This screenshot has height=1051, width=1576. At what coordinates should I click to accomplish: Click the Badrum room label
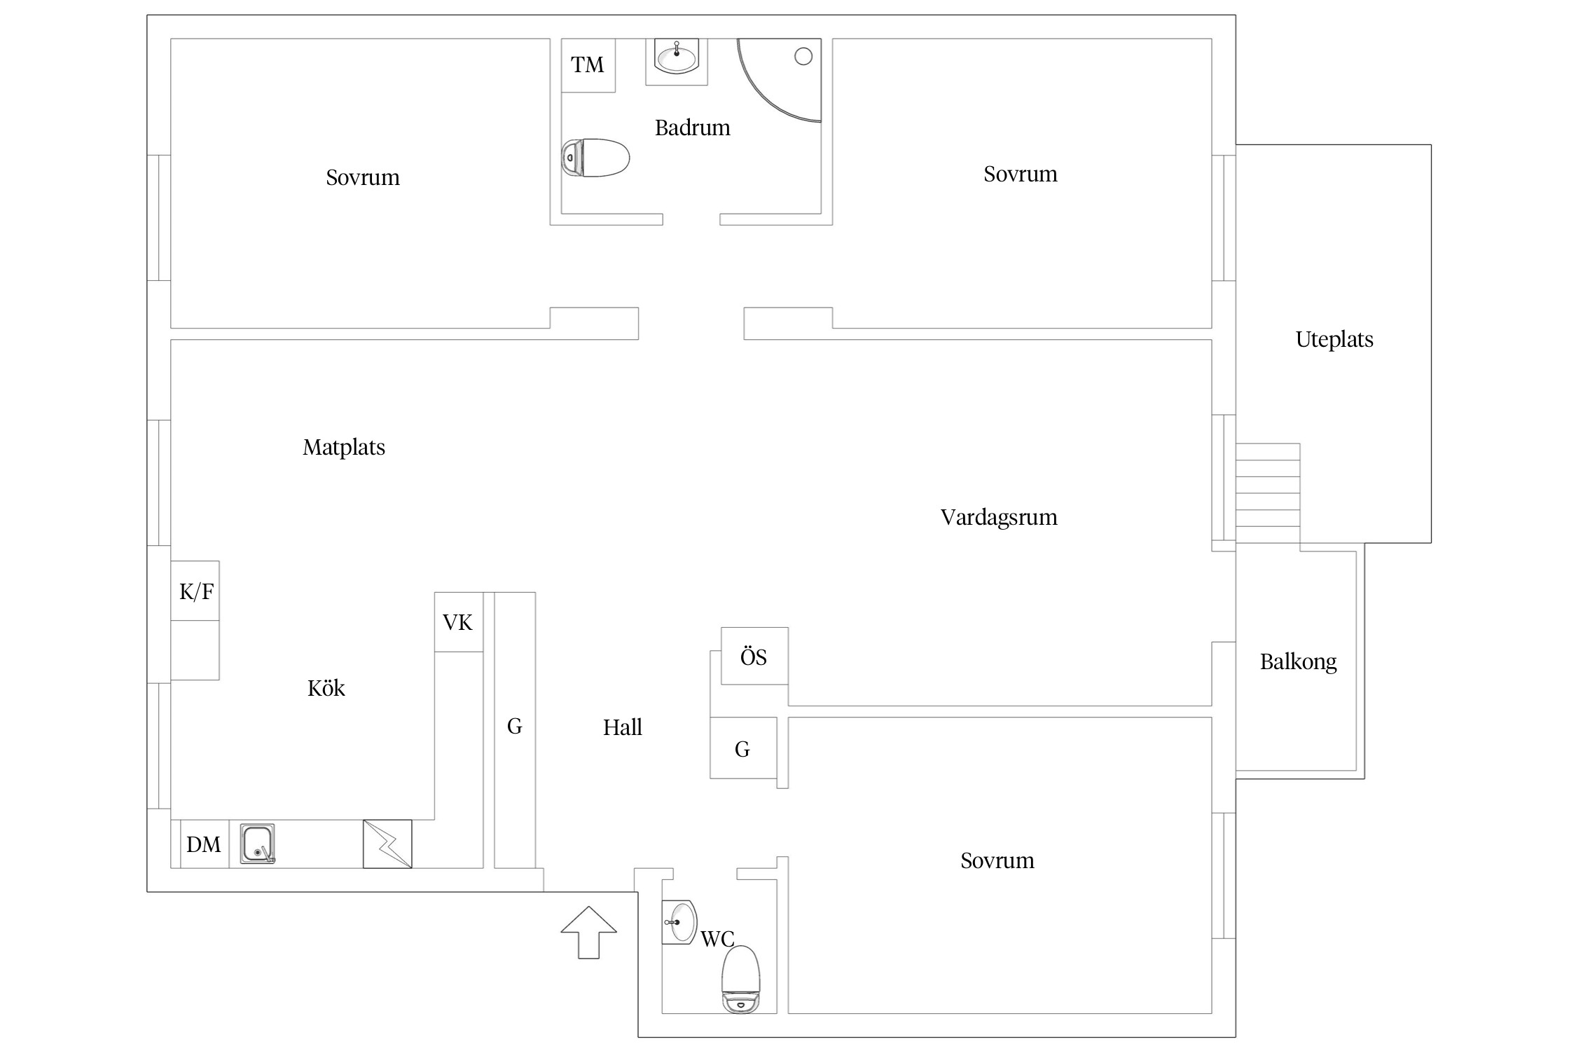[692, 128]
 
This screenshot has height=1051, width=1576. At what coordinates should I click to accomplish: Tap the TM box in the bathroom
[588, 65]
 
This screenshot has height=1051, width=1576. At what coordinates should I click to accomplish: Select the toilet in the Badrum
[595, 158]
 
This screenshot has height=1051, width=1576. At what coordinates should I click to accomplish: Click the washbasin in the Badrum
[677, 57]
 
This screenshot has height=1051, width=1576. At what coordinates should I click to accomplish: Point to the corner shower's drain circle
[803, 57]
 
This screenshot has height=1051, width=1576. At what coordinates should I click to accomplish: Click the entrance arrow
[588, 932]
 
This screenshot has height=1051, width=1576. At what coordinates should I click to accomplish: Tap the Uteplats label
[1334, 340]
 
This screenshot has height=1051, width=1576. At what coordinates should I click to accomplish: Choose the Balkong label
[1298, 662]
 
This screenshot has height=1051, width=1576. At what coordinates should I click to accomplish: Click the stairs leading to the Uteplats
[1268, 485]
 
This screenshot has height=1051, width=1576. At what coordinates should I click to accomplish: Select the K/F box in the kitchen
[195, 591]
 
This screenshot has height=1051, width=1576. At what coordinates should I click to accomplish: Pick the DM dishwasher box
[205, 844]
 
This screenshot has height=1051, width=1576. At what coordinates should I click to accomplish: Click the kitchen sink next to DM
[258, 844]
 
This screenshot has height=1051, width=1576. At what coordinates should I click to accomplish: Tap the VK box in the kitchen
[458, 622]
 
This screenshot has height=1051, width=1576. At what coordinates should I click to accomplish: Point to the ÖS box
[754, 657]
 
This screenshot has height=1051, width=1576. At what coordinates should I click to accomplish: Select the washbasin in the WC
[679, 922]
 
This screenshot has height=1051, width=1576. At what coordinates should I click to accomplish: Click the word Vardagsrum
[999, 518]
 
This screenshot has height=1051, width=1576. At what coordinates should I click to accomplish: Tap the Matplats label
[344, 448]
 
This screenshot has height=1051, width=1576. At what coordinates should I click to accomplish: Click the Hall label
[623, 728]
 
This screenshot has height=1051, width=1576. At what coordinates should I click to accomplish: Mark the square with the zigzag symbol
[387, 844]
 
